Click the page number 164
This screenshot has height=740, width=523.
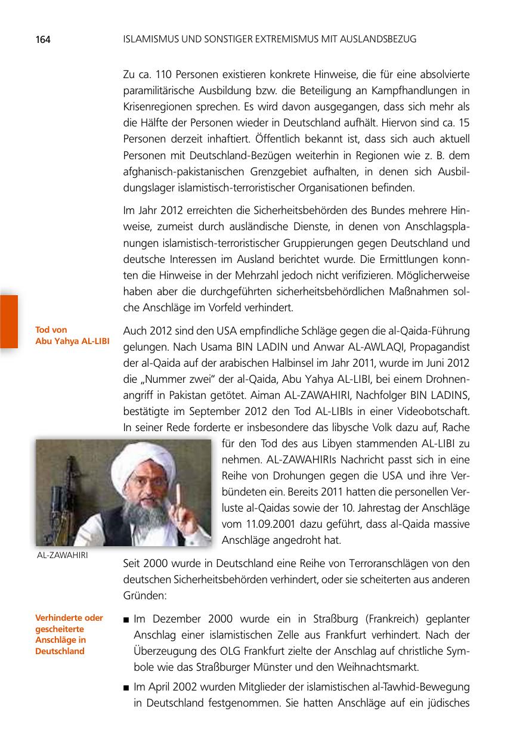click(42, 40)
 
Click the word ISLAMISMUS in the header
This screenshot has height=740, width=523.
click(149, 39)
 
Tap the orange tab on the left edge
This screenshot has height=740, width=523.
click(9, 321)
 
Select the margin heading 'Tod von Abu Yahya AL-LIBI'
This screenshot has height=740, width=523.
click(72, 335)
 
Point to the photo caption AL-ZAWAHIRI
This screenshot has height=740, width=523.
click(62, 556)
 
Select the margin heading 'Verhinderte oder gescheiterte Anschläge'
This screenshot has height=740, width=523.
click(69, 634)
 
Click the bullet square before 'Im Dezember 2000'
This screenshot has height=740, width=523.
click(126, 619)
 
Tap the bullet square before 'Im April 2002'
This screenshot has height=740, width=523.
click(126, 688)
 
